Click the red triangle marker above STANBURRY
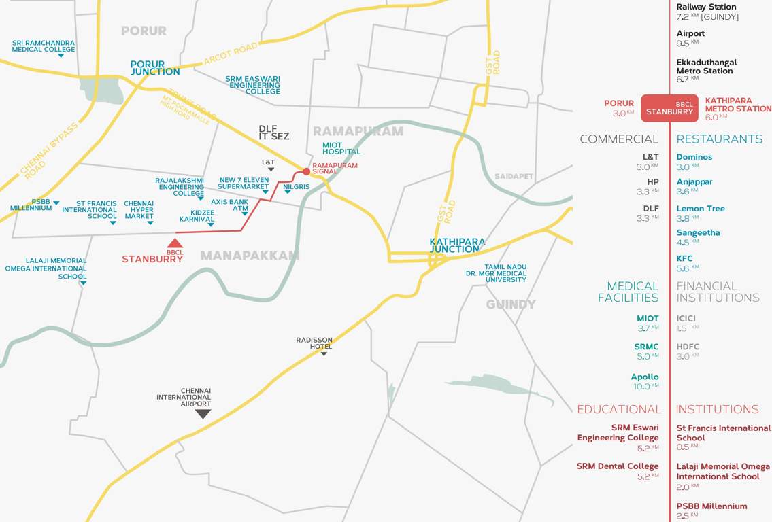point(175,243)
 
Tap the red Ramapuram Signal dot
point(306,171)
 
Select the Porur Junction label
point(155,68)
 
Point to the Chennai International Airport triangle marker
point(203,413)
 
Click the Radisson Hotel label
point(314,343)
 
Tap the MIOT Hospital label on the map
point(341,147)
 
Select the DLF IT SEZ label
point(273,133)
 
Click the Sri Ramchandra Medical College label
point(44,46)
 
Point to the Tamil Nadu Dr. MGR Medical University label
point(505,273)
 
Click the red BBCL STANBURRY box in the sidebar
point(670,108)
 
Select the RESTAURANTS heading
point(719,139)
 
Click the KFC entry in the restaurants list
point(685,259)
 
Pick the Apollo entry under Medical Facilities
point(645,377)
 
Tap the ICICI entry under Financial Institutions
point(686,318)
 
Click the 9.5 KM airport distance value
point(683,43)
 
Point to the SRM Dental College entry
point(618,466)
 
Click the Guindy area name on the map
point(511,304)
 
